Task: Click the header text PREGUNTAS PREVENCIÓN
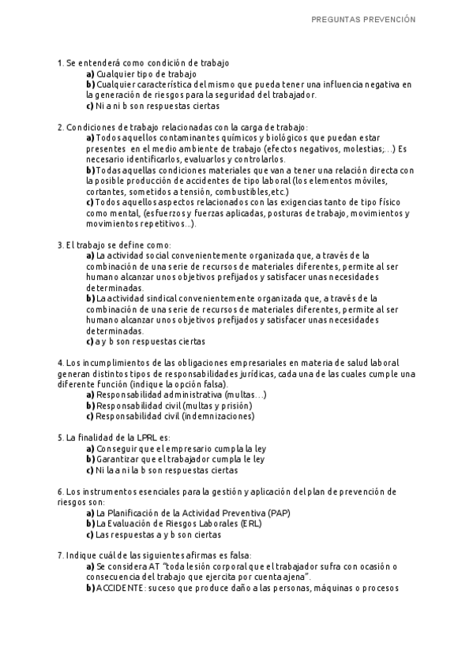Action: [x=363, y=20]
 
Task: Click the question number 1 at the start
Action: [x=60, y=62]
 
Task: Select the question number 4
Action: [x=60, y=362]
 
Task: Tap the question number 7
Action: [x=60, y=555]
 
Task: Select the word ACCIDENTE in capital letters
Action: [x=120, y=588]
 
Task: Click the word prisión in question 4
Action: [x=231, y=405]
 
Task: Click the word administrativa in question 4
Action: [x=185, y=394]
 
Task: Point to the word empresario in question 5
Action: [x=175, y=448]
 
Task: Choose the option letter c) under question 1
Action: [x=90, y=106]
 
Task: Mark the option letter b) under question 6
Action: [x=90, y=523]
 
